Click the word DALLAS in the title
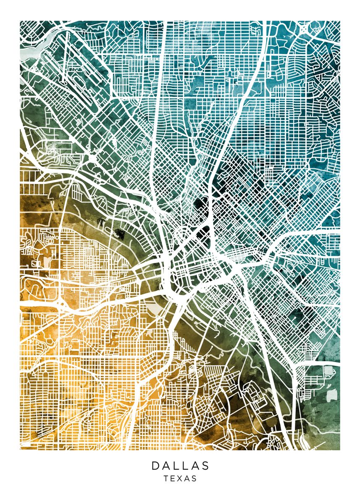(x=180, y=466)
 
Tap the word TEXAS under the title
(x=180, y=478)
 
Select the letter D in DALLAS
(x=155, y=466)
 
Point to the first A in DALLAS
(x=166, y=466)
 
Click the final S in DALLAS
(x=205, y=466)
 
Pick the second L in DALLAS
(x=186, y=466)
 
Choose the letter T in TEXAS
(x=166, y=478)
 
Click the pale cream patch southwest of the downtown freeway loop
(x=156, y=309)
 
